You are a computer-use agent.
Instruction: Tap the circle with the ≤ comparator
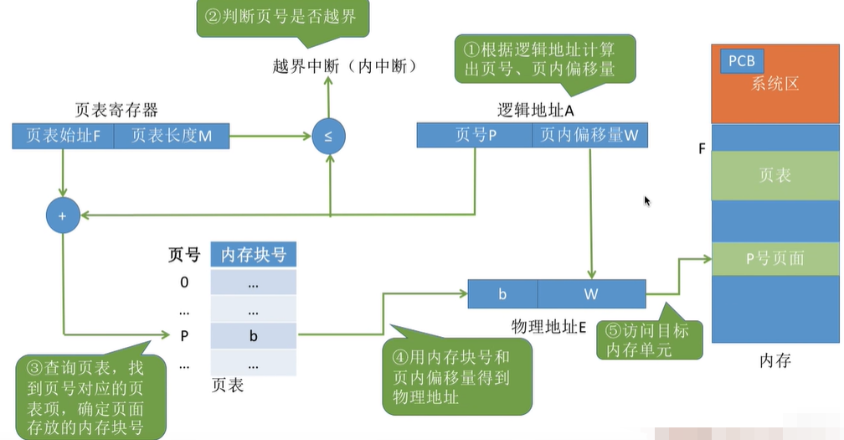328,137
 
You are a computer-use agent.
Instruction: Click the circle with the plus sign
63,215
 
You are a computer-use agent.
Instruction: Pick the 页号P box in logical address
475,135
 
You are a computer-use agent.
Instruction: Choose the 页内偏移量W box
589,135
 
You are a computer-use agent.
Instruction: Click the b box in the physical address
502,294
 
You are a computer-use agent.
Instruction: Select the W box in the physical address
591,294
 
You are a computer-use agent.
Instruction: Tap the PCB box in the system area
741,61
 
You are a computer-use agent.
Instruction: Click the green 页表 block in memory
775,176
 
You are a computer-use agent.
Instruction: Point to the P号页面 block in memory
775,258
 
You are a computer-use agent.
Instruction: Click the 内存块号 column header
253,255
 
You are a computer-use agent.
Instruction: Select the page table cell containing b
253,336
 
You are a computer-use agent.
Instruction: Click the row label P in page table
184,336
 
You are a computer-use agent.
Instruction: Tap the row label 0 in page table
184,282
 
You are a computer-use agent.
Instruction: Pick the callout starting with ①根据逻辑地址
545,59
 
